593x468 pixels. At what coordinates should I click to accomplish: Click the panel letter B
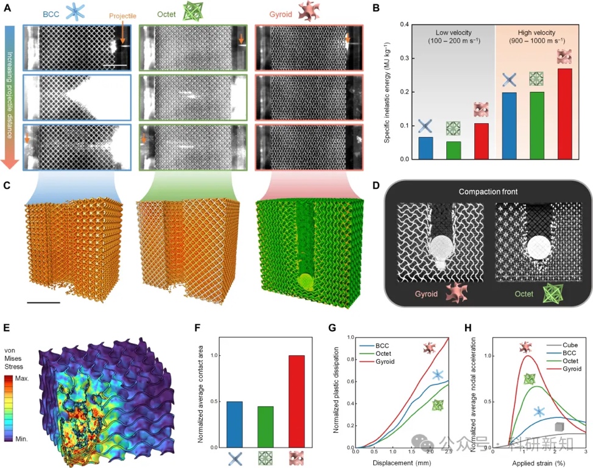coord(376,9)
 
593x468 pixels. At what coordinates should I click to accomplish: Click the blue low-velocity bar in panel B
coord(426,148)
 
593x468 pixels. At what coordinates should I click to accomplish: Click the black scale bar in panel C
coord(43,302)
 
